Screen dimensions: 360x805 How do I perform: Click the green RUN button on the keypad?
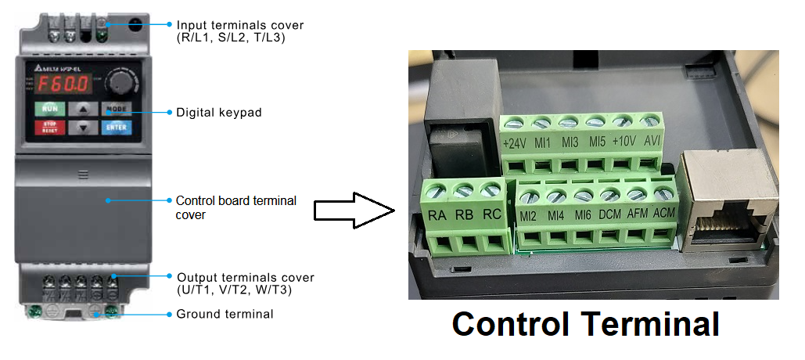(50, 108)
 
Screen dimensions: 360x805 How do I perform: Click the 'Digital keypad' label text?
(219, 113)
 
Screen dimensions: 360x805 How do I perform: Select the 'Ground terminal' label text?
(225, 315)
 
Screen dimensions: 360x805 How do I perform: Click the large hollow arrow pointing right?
(352, 211)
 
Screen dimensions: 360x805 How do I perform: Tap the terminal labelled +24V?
(514, 143)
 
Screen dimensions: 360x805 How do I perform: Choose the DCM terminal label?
(610, 214)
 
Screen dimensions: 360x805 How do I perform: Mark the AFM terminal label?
(638, 214)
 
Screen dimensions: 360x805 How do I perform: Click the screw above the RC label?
(491, 189)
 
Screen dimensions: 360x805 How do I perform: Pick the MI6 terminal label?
(583, 214)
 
